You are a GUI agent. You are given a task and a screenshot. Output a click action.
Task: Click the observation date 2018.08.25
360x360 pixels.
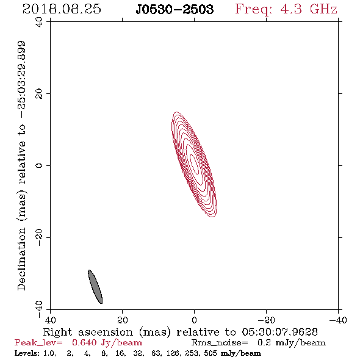(x=62, y=9)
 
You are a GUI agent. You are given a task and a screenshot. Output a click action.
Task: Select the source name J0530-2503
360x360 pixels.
(x=175, y=9)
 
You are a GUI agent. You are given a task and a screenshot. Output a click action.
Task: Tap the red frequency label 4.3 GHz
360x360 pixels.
(x=309, y=9)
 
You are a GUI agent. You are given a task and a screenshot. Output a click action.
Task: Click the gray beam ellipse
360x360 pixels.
(x=95, y=287)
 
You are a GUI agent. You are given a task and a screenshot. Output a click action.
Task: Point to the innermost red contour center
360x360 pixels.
(x=194, y=165)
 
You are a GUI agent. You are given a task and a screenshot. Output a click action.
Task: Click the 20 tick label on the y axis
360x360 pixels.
(x=39, y=94)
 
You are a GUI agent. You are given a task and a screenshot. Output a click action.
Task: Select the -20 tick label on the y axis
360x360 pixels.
(x=39, y=237)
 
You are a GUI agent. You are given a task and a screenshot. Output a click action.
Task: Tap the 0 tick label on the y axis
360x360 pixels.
(x=39, y=165)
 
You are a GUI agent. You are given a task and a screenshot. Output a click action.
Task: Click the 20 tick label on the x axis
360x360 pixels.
(x=123, y=320)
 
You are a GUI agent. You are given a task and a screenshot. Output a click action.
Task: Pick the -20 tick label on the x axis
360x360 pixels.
(x=266, y=320)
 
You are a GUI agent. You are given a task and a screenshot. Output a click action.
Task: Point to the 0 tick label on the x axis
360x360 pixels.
(x=194, y=320)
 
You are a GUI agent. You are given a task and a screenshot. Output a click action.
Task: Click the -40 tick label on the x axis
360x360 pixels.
(x=338, y=320)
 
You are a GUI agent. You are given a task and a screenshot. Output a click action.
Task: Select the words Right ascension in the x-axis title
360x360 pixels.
(x=88, y=332)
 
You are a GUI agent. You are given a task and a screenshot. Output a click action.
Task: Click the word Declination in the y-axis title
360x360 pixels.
(x=21, y=259)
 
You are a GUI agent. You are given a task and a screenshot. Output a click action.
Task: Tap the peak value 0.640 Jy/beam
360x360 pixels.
(x=107, y=343)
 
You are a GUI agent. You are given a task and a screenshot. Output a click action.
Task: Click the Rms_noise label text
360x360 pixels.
(x=220, y=343)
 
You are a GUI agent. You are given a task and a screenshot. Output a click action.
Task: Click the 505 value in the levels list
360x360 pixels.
(x=211, y=353)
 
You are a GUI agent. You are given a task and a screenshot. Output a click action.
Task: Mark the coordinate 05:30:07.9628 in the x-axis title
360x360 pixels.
(x=279, y=332)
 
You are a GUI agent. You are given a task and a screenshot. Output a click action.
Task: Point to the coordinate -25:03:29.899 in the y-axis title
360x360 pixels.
(x=21, y=80)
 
